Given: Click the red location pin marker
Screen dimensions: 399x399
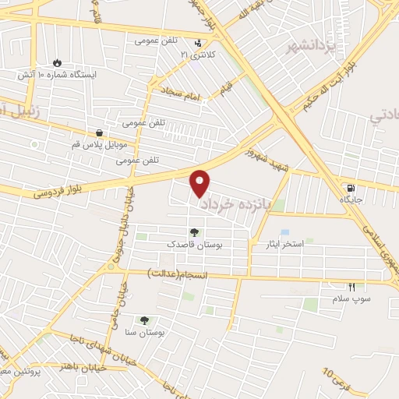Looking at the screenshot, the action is (x=201, y=182).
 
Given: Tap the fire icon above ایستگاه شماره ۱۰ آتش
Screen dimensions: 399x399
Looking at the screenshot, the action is (x=57, y=62).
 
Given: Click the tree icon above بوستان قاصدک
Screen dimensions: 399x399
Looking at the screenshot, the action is (x=193, y=231).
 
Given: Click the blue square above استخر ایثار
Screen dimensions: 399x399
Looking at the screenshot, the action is (x=284, y=233).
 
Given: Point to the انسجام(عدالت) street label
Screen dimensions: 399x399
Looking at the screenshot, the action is (x=182, y=274).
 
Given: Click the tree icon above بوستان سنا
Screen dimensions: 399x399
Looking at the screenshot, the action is (x=143, y=320).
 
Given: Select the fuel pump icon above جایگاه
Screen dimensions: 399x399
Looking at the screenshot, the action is (x=350, y=188).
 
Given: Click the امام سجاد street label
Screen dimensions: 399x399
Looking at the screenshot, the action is (x=182, y=94).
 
